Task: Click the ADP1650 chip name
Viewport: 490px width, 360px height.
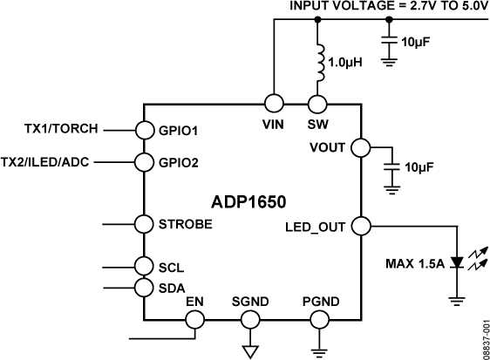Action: click(249, 200)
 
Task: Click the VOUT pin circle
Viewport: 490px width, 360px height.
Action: click(361, 147)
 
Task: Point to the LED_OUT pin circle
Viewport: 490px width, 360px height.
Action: click(361, 227)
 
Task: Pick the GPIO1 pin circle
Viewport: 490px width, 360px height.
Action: click(143, 130)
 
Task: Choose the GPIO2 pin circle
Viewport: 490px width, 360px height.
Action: click(143, 161)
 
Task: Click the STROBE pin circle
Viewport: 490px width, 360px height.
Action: click(143, 223)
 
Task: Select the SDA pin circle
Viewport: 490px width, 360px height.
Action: click(143, 287)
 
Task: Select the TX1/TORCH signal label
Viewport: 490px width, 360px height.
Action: click(62, 130)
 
